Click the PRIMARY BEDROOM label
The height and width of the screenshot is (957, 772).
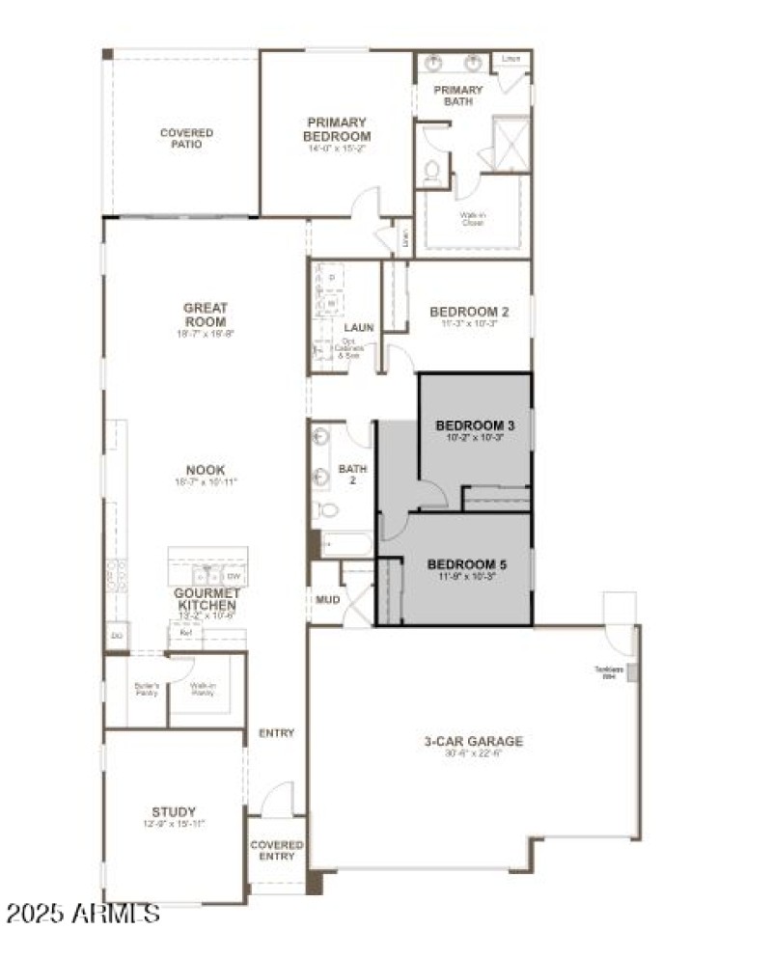(337, 129)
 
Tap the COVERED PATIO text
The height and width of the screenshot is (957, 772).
(186, 139)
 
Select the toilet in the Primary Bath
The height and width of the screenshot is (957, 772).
(432, 175)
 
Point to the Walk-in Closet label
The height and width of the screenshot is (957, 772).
(472, 218)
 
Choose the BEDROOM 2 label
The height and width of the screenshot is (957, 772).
(468, 312)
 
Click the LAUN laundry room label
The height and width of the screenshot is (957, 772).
(358, 328)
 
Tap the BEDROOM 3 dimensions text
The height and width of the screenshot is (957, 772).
(475, 437)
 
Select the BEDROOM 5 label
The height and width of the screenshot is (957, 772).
(467, 564)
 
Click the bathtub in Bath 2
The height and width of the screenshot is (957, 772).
(345, 545)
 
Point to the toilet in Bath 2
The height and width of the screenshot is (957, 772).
(328, 510)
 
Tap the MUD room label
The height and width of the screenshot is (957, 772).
(328, 599)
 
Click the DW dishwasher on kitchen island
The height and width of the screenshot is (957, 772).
(235, 577)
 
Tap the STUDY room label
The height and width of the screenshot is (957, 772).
(174, 811)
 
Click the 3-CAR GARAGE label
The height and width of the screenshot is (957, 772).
(473, 741)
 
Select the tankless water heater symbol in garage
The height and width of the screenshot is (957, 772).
(632, 671)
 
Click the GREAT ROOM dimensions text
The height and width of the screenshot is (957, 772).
(205, 333)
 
